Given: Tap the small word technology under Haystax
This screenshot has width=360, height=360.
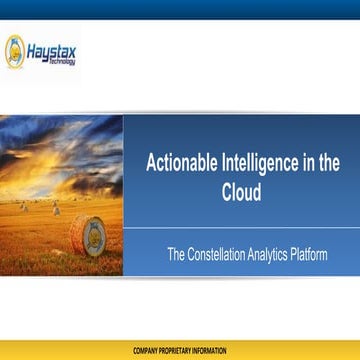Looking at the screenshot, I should [x=60, y=58].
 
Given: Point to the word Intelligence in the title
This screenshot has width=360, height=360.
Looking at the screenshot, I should [x=262, y=165].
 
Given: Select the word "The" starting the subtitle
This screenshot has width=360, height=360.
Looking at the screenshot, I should [x=177, y=255].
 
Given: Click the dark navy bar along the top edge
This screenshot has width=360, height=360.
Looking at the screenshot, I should [x=180, y=9].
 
